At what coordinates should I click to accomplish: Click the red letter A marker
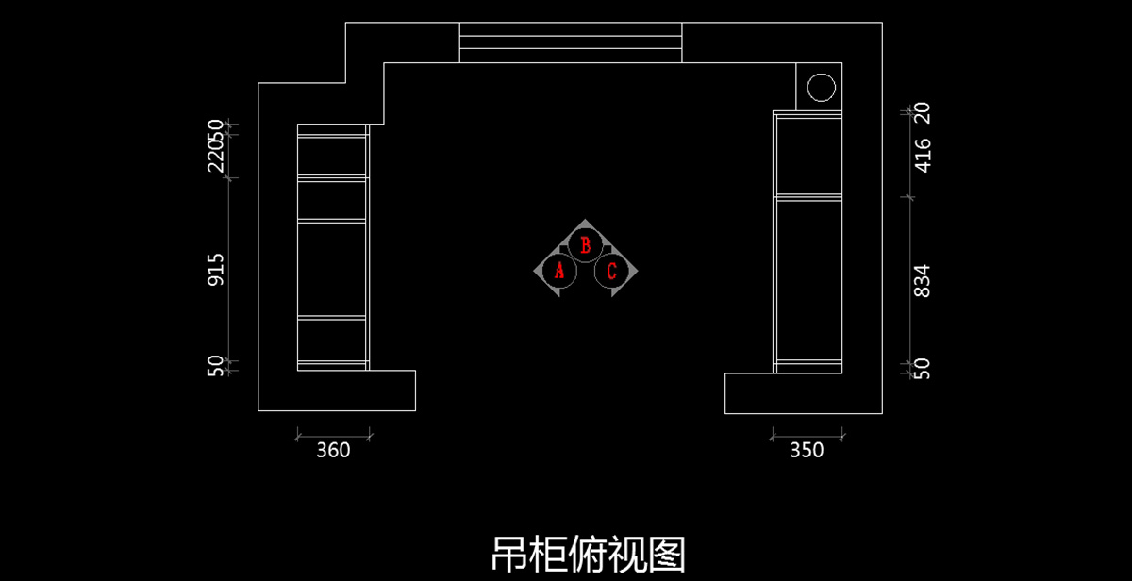pos(559,272)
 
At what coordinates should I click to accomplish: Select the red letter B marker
pos(585,245)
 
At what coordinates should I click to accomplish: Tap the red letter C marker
pos(611,272)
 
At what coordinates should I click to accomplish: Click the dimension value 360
pos(333,451)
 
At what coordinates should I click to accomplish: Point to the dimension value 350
pos(807,451)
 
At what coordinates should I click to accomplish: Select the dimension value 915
pos(216,270)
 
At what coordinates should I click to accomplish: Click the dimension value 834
pos(923,281)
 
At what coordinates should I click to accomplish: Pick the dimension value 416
pos(923,155)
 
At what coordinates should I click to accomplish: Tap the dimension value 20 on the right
pos(923,113)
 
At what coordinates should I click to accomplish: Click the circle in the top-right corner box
pos(821,87)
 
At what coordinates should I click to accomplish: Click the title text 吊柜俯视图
pos(588,554)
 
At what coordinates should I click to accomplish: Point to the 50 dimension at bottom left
pos(216,366)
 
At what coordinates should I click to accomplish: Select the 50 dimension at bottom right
pos(923,368)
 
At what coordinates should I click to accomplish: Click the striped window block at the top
pos(570,42)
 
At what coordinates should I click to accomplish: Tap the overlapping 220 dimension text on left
pos(216,151)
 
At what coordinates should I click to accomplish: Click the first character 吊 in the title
pos(509,554)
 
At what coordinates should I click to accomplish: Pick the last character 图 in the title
pos(667,554)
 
